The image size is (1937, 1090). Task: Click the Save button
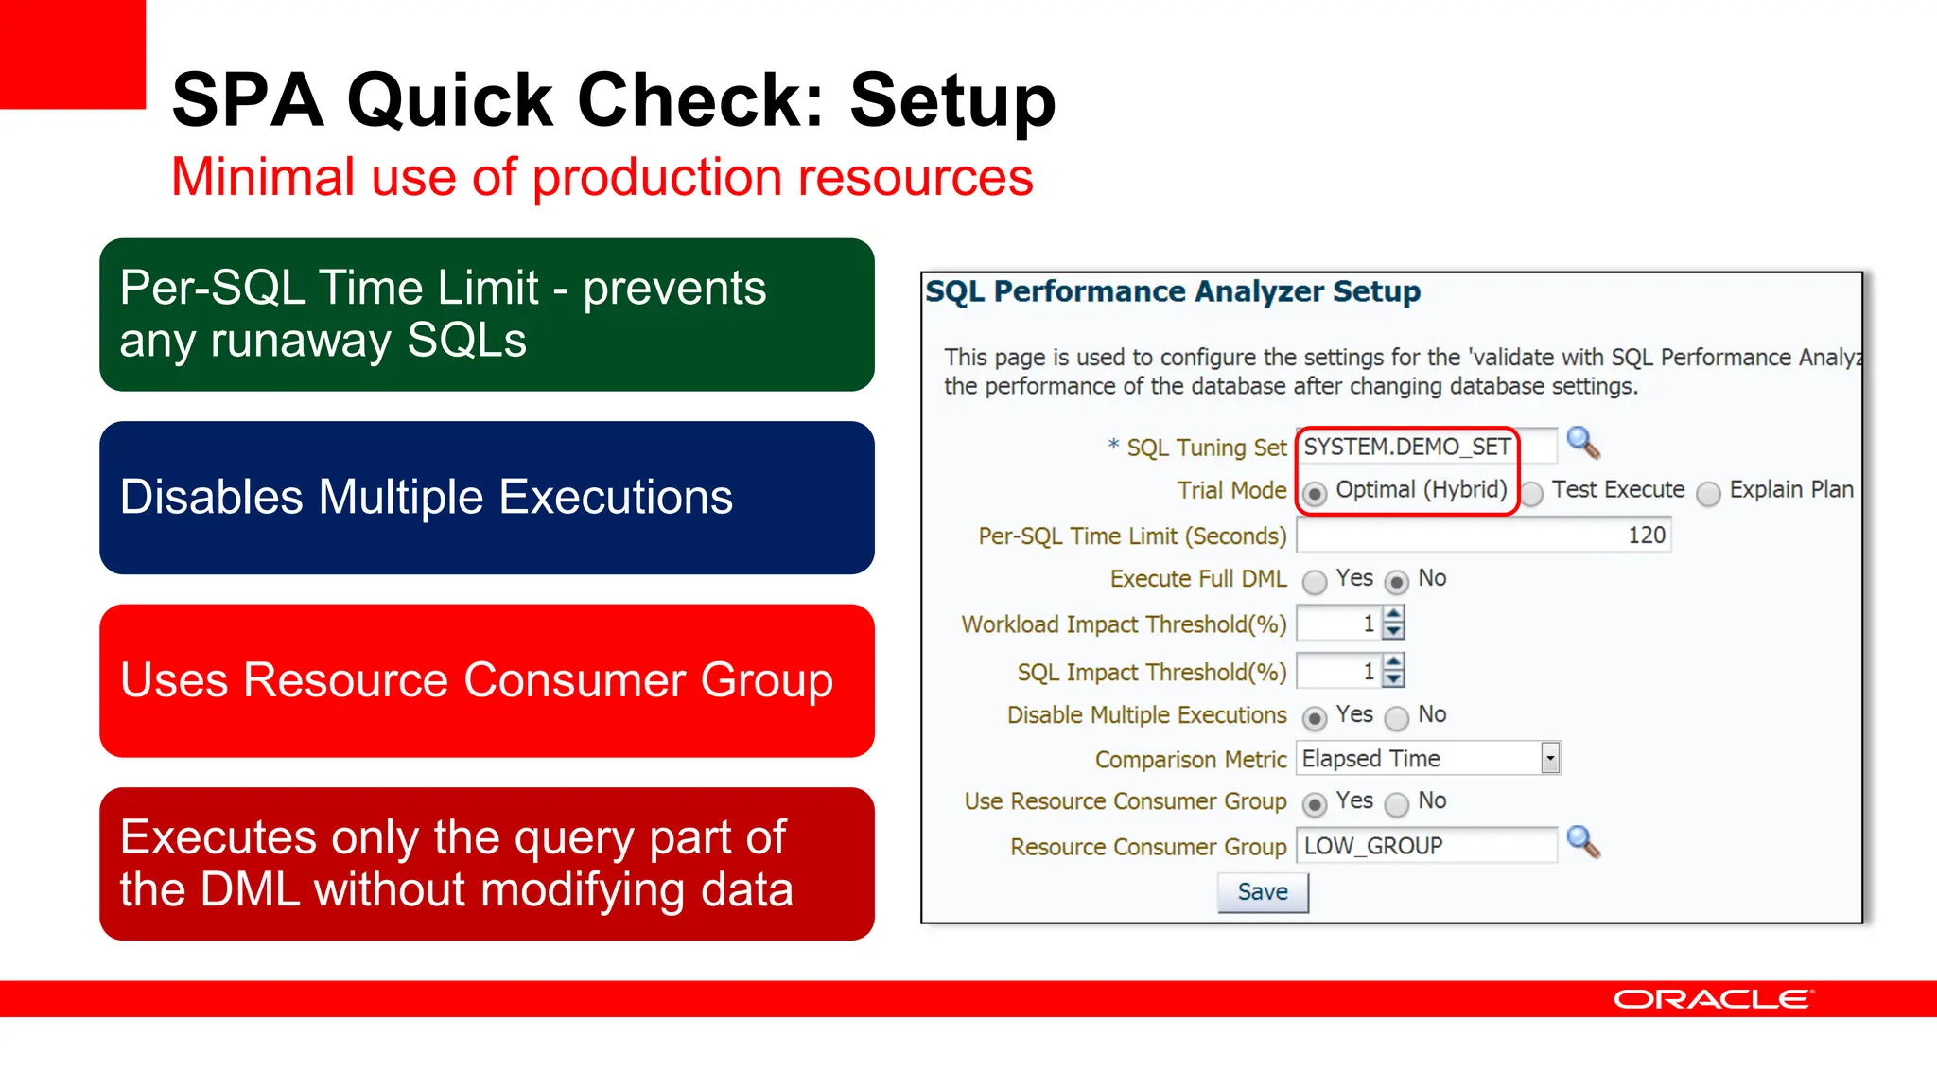click(1263, 892)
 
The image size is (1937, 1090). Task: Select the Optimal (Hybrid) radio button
click(1314, 493)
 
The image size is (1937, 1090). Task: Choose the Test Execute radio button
click(1532, 493)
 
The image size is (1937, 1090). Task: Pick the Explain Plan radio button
click(1708, 493)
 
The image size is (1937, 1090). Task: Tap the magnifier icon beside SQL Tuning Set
click(1582, 443)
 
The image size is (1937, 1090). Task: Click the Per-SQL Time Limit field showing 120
click(1482, 536)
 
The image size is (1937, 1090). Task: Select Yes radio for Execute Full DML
click(1314, 582)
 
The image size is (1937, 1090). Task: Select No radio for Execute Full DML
click(1396, 582)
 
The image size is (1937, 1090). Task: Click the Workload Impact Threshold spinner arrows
click(1393, 624)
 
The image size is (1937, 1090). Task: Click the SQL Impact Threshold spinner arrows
click(1393, 671)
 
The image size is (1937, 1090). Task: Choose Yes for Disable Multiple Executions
click(1314, 718)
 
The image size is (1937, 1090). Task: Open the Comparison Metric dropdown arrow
click(1549, 758)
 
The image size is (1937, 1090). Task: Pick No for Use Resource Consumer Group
click(1396, 804)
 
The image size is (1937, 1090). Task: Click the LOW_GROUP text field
click(1425, 846)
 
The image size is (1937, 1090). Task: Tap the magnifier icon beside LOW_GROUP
click(1582, 841)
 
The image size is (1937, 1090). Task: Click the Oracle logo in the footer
click(1713, 999)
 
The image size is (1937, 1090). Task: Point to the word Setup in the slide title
click(952, 100)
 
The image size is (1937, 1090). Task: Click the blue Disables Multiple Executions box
click(486, 498)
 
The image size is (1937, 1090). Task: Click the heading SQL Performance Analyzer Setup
click(1173, 291)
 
